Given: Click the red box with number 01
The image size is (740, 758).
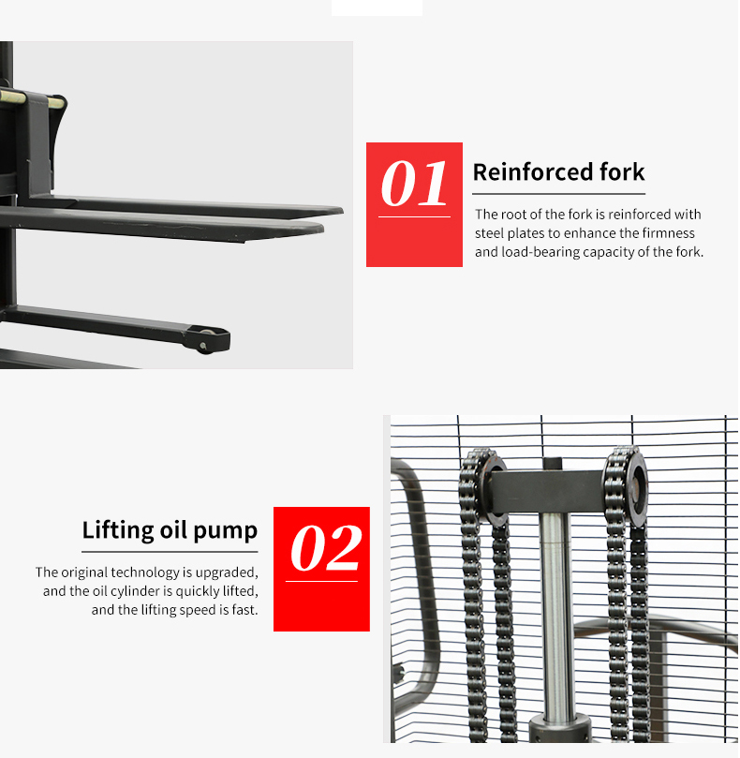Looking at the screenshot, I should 414,204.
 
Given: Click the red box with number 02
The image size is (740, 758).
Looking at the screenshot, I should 321,569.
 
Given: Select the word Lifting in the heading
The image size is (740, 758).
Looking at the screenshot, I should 116,530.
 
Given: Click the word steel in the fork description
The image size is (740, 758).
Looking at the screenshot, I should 490,233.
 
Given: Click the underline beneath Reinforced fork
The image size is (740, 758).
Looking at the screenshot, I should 558,193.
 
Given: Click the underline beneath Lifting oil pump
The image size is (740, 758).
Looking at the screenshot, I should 170,552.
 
